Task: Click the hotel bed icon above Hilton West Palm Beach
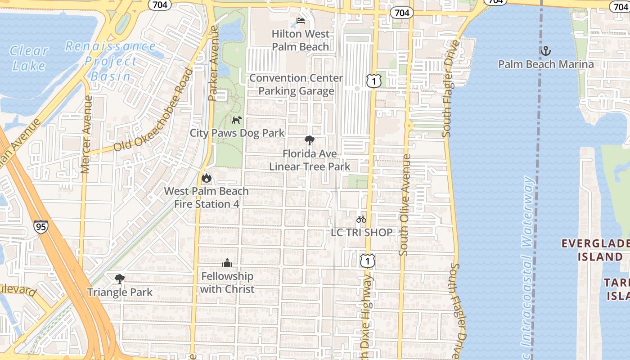point(301,21)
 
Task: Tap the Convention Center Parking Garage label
point(296,84)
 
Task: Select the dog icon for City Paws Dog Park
point(237,120)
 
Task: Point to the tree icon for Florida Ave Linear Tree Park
point(309,140)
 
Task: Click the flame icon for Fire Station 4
point(207,178)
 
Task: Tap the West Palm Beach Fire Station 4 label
point(206,198)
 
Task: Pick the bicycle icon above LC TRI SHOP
point(361,219)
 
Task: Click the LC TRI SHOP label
point(361,232)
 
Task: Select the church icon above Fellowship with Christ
point(227,263)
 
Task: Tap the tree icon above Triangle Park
point(119,279)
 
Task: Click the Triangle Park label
point(120,292)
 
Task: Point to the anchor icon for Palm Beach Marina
point(545,50)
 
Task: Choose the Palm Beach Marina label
point(545,64)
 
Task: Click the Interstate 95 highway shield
point(40,226)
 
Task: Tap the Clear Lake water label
point(29,58)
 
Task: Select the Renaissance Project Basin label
point(111,61)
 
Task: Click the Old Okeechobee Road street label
point(153,111)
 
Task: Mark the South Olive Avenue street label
point(405,205)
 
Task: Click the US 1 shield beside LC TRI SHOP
point(368,260)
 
